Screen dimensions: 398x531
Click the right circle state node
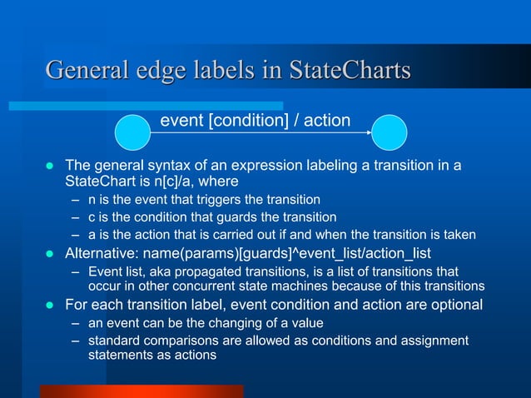coord(389,133)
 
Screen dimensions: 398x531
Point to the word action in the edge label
coord(327,121)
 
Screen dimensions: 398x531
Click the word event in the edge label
coord(181,121)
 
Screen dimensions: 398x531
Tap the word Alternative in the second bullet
coord(102,253)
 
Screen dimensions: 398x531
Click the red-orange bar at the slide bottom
coord(141,391)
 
